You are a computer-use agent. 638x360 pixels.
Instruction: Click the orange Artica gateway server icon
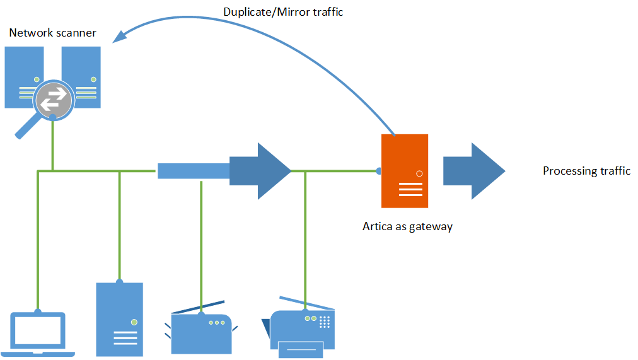click(x=405, y=171)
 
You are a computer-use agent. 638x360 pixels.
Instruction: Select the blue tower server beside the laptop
click(x=119, y=319)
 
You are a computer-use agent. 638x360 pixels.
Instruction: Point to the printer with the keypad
click(x=303, y=328)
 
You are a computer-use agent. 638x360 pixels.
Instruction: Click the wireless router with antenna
click(x=201, y=331)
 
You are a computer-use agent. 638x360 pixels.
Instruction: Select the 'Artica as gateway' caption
click(x=407, y=226)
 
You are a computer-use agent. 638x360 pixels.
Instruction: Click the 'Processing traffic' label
click(x=586, y=171)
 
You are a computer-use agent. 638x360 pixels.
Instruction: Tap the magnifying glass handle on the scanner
click(x=26, y=128)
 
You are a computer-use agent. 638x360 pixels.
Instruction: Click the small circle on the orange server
click(x=419, y=173)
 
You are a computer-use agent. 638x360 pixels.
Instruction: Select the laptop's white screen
click(x=38, y=330)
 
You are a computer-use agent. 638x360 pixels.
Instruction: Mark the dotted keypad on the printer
click(x=325, y=322)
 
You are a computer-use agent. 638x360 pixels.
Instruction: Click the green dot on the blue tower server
click(x=134, y=322)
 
